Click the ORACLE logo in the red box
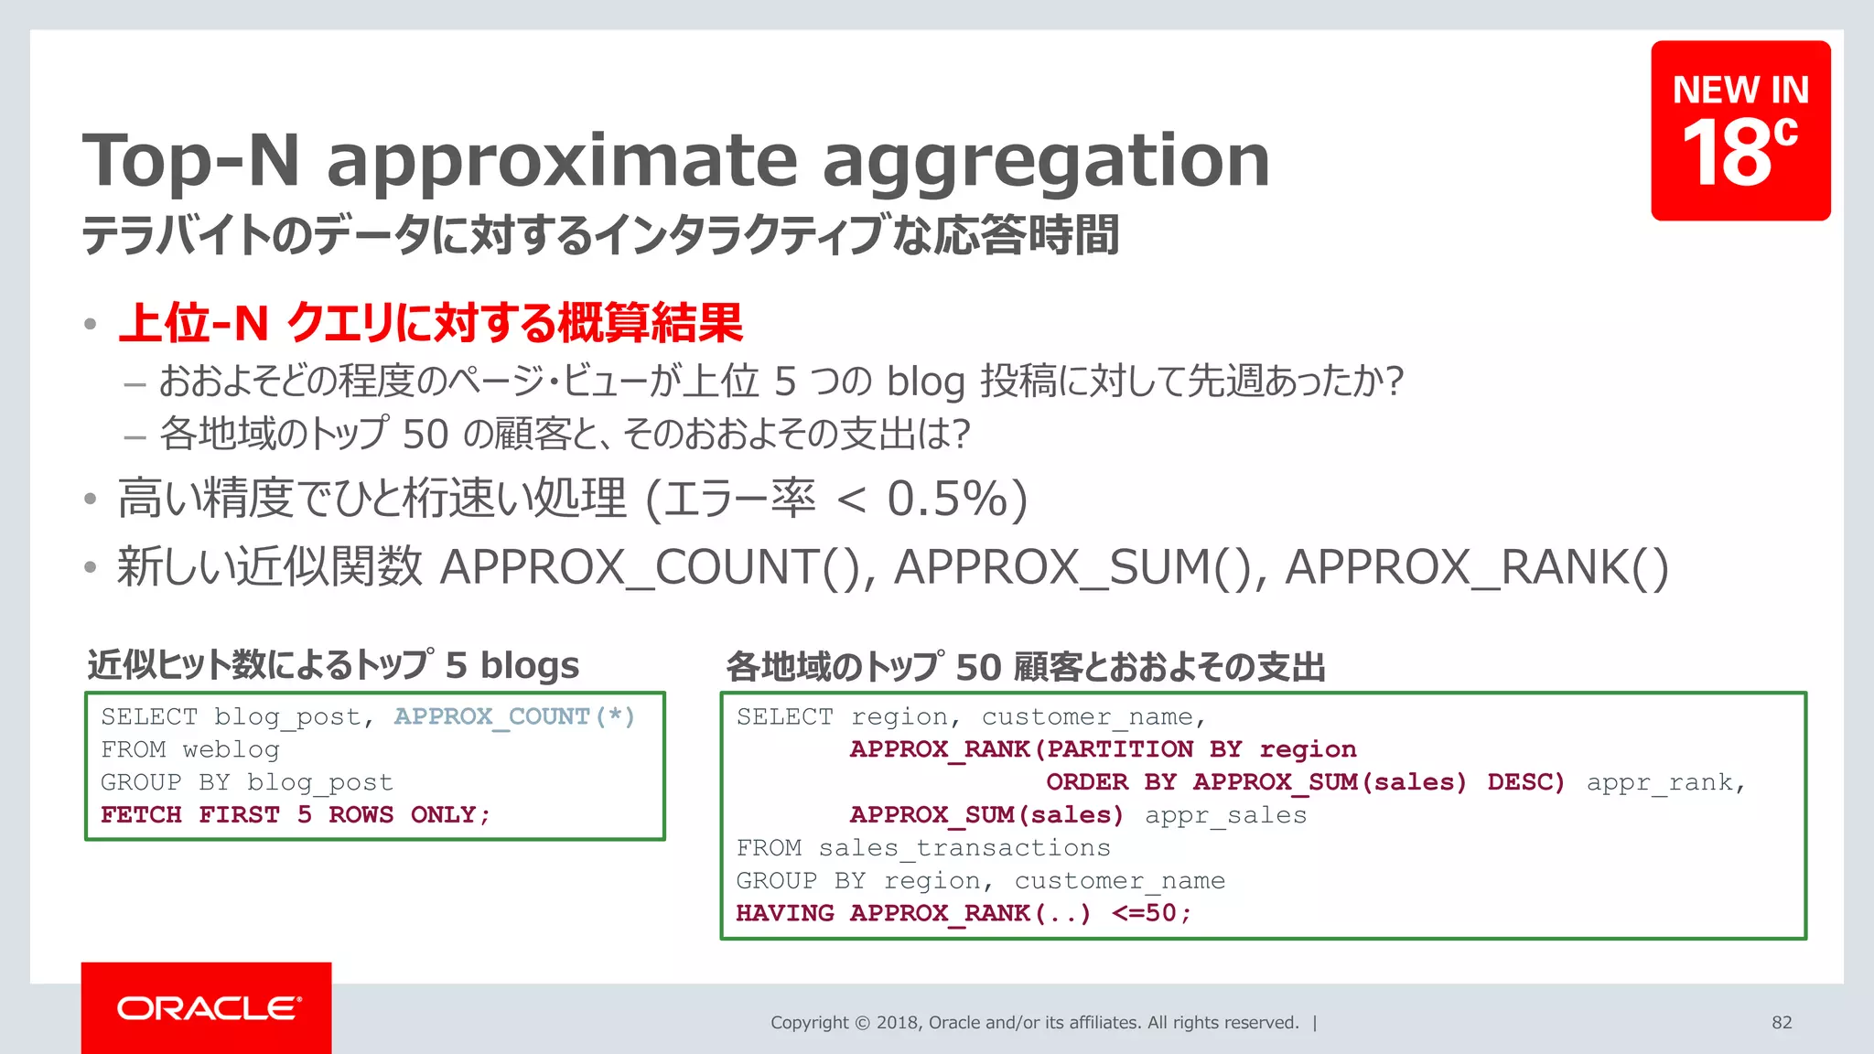208,1008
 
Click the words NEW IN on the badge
1740,90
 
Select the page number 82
1781,1023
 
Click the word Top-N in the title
191,161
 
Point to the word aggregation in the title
1045,161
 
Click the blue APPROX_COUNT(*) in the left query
514,716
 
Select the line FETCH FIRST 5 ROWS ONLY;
296,814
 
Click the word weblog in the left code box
231,749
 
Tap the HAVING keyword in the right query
784,913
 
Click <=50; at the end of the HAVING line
1151,913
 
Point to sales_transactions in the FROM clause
964,848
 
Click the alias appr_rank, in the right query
1665,782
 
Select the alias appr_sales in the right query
1225,815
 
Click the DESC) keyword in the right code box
1525,782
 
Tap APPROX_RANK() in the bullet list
1476,567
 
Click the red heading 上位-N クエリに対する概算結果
430,323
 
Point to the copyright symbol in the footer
862,1023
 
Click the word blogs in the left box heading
530,665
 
